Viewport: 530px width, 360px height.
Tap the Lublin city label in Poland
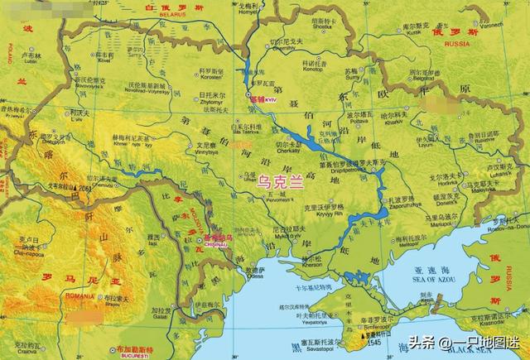(31, 60)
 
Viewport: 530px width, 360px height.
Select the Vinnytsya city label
(207, 152)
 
